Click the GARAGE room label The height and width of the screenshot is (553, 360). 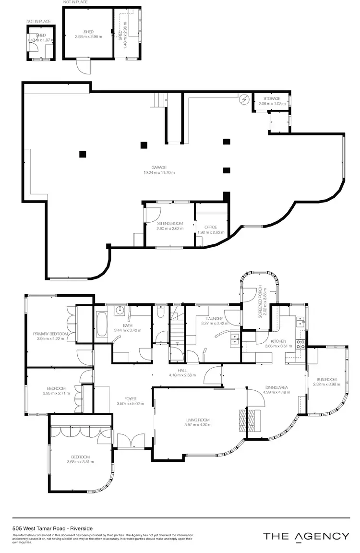159,168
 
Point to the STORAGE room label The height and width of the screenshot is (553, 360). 272,98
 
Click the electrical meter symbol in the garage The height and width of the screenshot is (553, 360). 244,100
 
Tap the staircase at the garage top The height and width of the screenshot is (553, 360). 157,101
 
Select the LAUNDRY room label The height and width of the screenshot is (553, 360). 214,319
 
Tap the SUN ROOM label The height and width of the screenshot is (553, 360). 325,379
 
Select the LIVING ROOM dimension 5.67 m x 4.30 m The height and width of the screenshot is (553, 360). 198,425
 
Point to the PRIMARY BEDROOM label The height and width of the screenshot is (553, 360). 50,334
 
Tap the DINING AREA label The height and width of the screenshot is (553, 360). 276,387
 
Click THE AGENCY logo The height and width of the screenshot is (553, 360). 306,536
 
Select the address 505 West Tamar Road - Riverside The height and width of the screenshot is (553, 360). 48,527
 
